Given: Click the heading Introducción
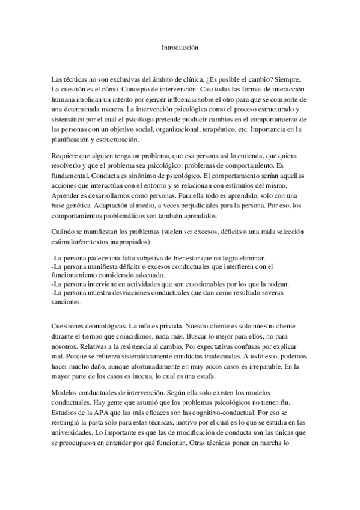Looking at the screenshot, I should pos(180,46).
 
